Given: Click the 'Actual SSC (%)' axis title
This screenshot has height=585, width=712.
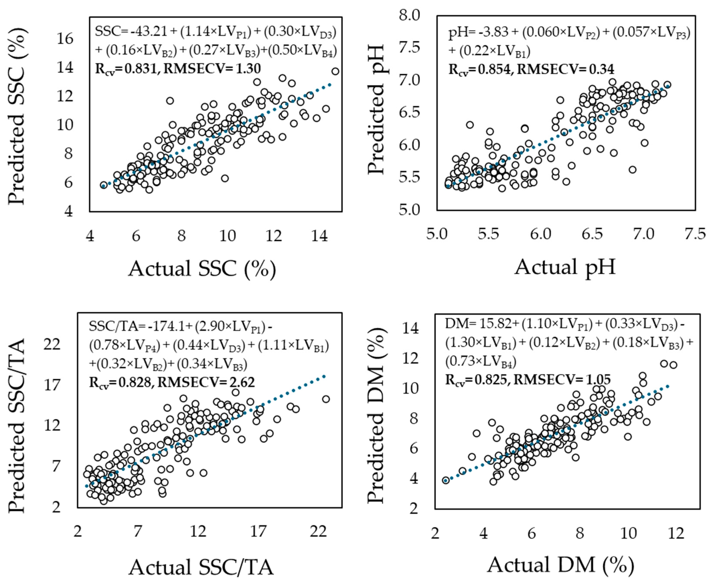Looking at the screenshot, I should click(202, 269).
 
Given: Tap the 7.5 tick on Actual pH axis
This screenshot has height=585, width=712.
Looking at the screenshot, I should click(696, 234).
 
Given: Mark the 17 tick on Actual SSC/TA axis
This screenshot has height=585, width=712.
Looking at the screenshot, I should click(258, 531).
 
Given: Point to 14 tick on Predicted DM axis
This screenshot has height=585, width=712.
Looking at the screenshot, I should click(410, 328).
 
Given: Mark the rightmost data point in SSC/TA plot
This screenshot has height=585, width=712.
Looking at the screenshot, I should click(326, 399).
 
